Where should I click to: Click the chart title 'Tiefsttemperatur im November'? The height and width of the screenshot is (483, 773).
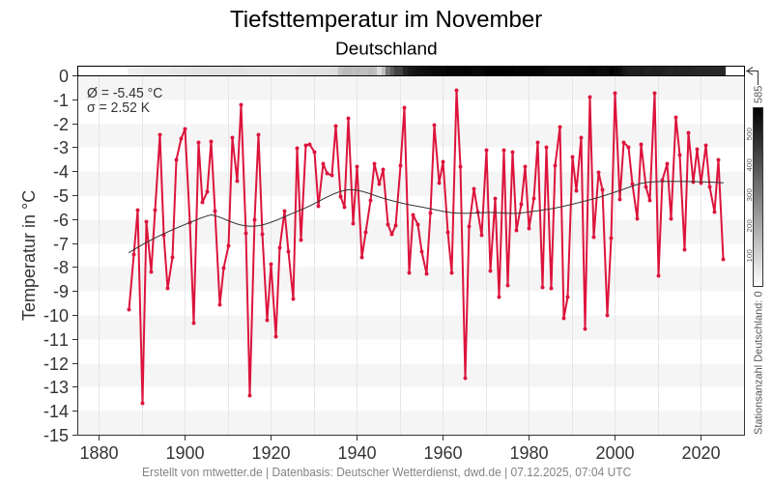386,19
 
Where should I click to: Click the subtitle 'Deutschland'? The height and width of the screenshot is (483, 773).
386,48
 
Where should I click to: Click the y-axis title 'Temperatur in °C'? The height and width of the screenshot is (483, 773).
29,255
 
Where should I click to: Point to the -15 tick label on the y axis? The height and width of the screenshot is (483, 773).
54,435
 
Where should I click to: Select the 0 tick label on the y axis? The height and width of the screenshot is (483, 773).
63,76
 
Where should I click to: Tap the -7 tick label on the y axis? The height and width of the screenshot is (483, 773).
58,243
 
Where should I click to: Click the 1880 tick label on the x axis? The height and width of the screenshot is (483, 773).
99,452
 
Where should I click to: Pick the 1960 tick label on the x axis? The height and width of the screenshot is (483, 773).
443,452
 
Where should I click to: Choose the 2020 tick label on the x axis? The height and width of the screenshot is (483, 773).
701,452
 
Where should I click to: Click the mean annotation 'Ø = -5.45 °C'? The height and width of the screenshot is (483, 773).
125,93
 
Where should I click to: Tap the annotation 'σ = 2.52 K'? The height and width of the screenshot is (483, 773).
118,107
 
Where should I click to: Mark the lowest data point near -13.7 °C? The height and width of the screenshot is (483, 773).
142,403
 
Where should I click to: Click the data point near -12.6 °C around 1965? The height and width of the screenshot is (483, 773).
465,378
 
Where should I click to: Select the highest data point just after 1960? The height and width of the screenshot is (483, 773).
456,90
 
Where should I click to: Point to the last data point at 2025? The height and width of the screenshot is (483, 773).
723,259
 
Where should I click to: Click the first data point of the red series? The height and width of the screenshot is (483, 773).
129,309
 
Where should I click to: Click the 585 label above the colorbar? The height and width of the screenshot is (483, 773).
759,94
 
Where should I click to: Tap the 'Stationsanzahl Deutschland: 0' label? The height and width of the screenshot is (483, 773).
759,362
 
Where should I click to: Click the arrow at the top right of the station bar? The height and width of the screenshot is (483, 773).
751,71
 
